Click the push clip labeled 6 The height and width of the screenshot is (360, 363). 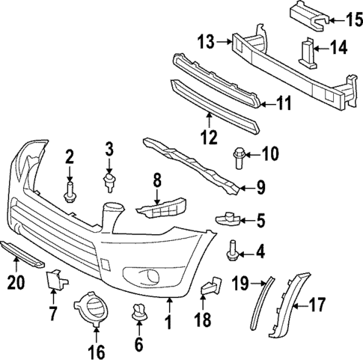point(138,314)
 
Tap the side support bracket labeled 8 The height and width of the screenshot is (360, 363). point(159,209)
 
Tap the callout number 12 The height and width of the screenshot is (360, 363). point(208,136)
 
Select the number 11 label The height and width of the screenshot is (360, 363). point(284,103)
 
